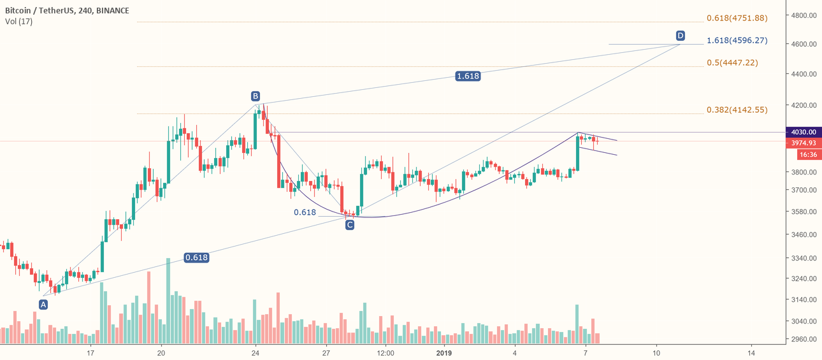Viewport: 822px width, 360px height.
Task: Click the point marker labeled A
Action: click(43, 305)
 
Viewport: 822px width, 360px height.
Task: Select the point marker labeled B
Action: click(255, 96)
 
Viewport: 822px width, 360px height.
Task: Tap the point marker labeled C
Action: click(350, 224)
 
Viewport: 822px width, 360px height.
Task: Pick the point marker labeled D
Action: click(681, 35)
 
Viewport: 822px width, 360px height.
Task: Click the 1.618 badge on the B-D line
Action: click(468, 76)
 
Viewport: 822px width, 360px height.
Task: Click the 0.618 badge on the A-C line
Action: click(196, 257)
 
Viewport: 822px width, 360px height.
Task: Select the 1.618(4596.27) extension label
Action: click(737, 40)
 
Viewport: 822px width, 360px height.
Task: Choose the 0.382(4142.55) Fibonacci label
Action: click(737, 110)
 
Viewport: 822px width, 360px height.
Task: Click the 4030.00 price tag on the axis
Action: click(804, 133)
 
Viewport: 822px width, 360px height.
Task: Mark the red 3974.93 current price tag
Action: click(804, 143)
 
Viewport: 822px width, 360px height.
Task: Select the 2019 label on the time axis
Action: click(445, 352)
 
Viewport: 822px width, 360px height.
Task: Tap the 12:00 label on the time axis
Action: click(386, 352)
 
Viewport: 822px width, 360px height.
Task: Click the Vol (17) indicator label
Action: click(18, 22)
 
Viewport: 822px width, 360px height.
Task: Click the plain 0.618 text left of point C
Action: click(305, 212)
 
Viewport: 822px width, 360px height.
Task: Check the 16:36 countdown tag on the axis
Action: click(804, 155)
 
